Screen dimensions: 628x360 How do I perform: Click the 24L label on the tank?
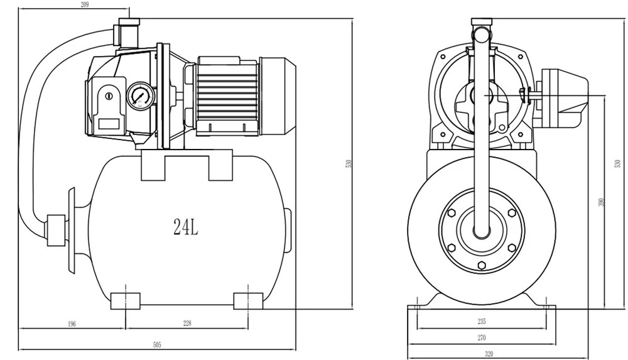[186, 227]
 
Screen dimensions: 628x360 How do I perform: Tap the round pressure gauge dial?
[141, 96]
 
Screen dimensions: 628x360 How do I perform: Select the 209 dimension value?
[85, 5]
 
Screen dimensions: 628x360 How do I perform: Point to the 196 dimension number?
[72, 324]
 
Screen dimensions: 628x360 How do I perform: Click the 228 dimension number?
[187, 323]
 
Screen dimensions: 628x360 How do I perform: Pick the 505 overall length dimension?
[157, 344]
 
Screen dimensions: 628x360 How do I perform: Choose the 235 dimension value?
[482, 321]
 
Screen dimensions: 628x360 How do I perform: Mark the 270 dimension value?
[482, 337]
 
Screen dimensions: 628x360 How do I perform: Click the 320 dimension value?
[489, 354]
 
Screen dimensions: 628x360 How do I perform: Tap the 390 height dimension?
[601, 202]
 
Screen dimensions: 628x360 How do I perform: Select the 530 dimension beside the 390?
[617, 163]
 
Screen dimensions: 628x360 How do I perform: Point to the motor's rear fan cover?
[278, 95]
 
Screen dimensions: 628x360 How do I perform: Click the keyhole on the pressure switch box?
[109, 96]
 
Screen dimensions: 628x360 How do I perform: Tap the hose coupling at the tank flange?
[56, 230]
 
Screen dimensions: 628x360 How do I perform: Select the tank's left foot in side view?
[126, 301]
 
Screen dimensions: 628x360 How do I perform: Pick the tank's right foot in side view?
[248, 301]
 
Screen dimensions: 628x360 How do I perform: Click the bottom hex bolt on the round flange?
[482, 265]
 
